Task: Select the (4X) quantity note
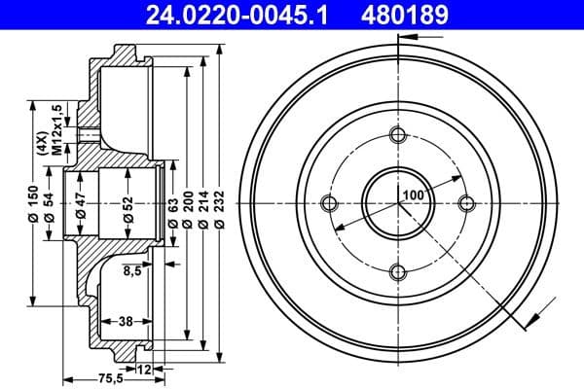(x=42, y=143)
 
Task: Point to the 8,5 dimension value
(x=132, y=271)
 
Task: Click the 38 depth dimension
(x=125, y=320)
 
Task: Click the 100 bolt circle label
(x=414, y=195)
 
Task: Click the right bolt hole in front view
(x=466, y=202)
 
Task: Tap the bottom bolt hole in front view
(x=397, y=271)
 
